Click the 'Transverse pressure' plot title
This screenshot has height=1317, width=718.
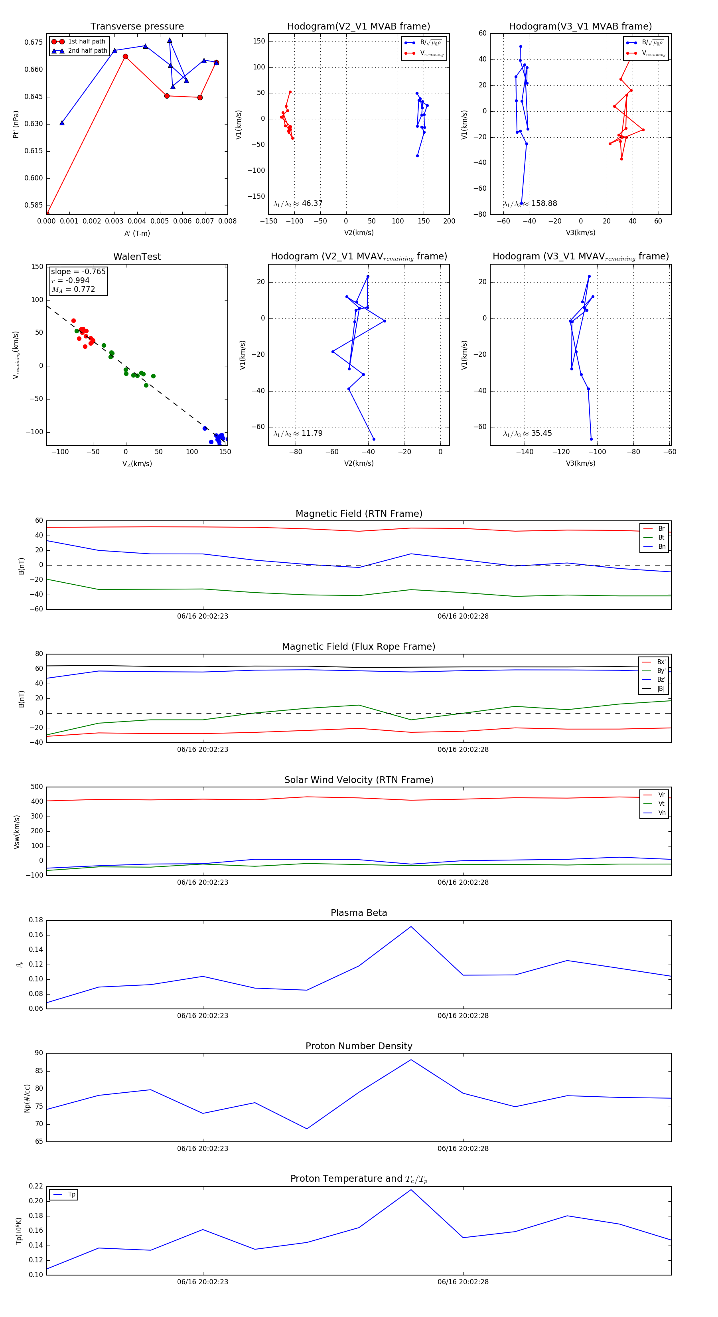tap(137, 27)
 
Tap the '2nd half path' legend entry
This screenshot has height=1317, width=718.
tap(87, 51)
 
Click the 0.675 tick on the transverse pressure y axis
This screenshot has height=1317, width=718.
tap(34, 42)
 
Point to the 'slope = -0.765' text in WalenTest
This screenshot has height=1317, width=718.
tap(78, 271)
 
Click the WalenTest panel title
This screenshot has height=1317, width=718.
tap(137, 257)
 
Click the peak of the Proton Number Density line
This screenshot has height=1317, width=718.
tap(411, 1059)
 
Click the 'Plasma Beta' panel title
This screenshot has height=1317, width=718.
tap(359, 913)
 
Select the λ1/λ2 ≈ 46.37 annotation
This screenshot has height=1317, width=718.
tap(298, 204)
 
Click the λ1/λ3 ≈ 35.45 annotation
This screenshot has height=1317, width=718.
tap(527, 433)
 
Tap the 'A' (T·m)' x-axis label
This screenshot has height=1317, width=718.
tap(137, 233)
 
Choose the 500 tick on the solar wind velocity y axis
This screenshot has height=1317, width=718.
tap(37, 787)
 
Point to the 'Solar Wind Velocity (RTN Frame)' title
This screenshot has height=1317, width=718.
tap(359, 780)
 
